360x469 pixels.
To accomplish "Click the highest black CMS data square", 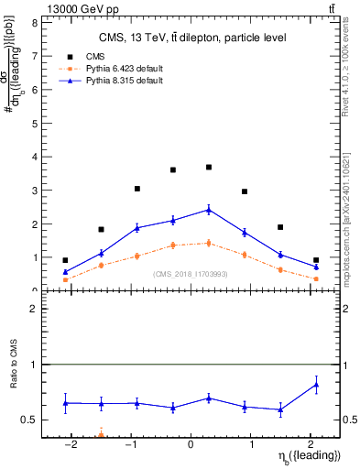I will (209, 168).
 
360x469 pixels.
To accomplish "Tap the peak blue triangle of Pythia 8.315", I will (209, 210).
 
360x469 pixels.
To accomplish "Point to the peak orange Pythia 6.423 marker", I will (209, 243).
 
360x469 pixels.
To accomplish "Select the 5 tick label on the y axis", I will (35, 124).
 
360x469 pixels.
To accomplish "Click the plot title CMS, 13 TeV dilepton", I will (192, 38).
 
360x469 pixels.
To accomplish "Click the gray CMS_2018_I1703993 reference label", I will (191, 273).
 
